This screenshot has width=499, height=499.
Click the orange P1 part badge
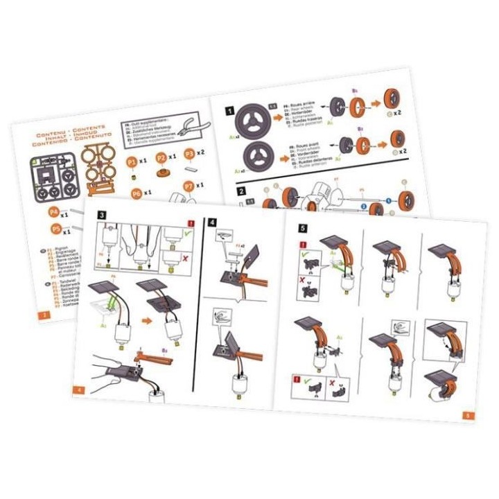point(132,161)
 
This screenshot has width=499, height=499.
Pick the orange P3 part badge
point(189,154)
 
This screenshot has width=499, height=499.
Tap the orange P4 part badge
point(53,213)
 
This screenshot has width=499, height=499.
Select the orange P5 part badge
point(55,229)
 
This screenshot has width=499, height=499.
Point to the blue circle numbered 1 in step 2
point(389,200)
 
